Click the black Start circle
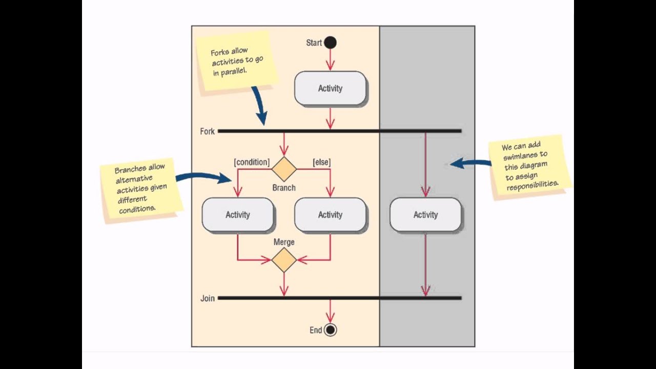331,43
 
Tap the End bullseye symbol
331,330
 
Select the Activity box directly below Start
330,88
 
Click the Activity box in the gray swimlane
425,215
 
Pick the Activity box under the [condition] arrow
237,215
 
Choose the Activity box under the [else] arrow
330,215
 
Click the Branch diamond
284,169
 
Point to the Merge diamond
284,260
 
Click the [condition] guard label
252,162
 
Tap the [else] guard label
321,162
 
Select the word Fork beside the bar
207,132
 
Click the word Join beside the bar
207,298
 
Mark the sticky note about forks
237,61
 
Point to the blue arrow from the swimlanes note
470,163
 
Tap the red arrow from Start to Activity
330,60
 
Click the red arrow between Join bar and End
330,311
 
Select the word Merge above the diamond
284,242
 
